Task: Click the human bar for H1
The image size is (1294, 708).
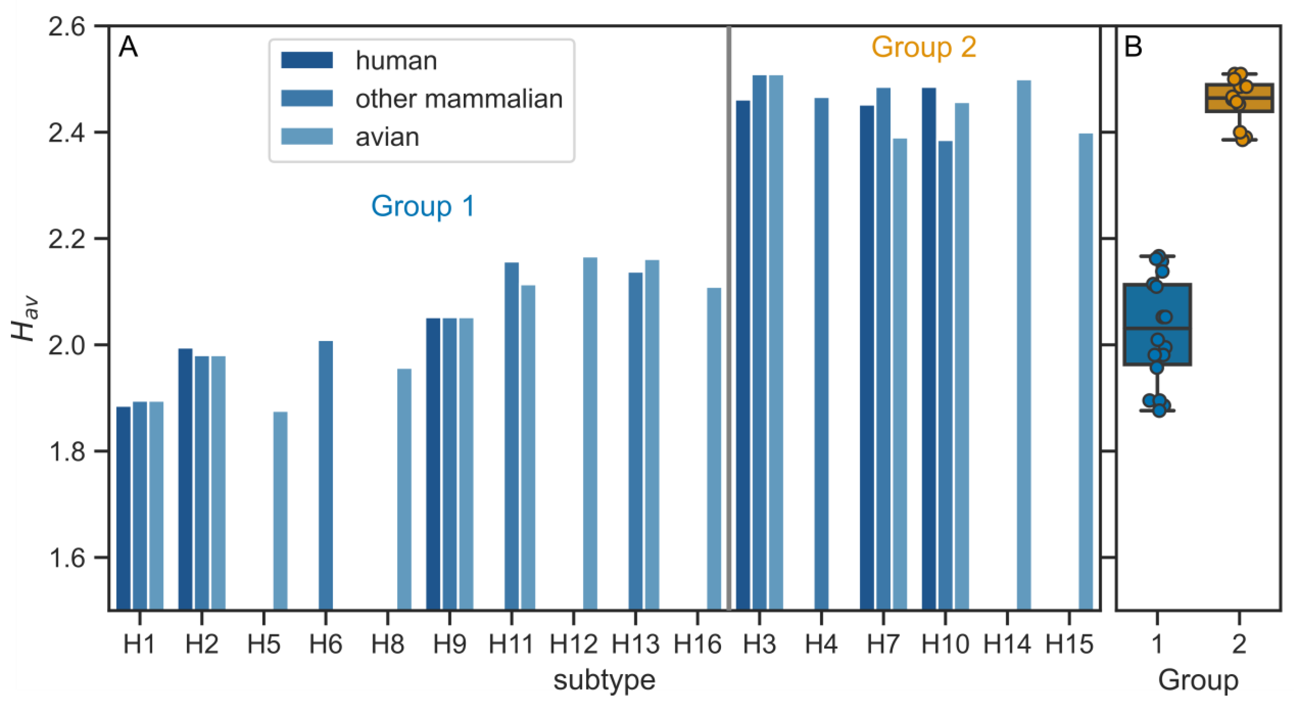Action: tap(124, 507)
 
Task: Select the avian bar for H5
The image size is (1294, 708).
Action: tap(280, 510)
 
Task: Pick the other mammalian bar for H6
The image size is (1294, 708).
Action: tap(326, 475)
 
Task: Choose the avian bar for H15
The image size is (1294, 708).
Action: tap(1086, 371)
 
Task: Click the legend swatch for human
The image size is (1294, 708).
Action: tap(307, 60)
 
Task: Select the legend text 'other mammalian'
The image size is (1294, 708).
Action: tap(459, 99)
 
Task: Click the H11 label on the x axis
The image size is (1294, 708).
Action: tap(511, 644)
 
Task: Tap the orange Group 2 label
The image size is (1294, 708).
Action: tap(923, 48)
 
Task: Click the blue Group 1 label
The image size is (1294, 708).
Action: tap(423, 206)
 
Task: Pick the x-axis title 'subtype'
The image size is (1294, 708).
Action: tap(604, 680)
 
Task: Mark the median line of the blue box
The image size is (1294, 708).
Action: tap(1157, 328)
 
